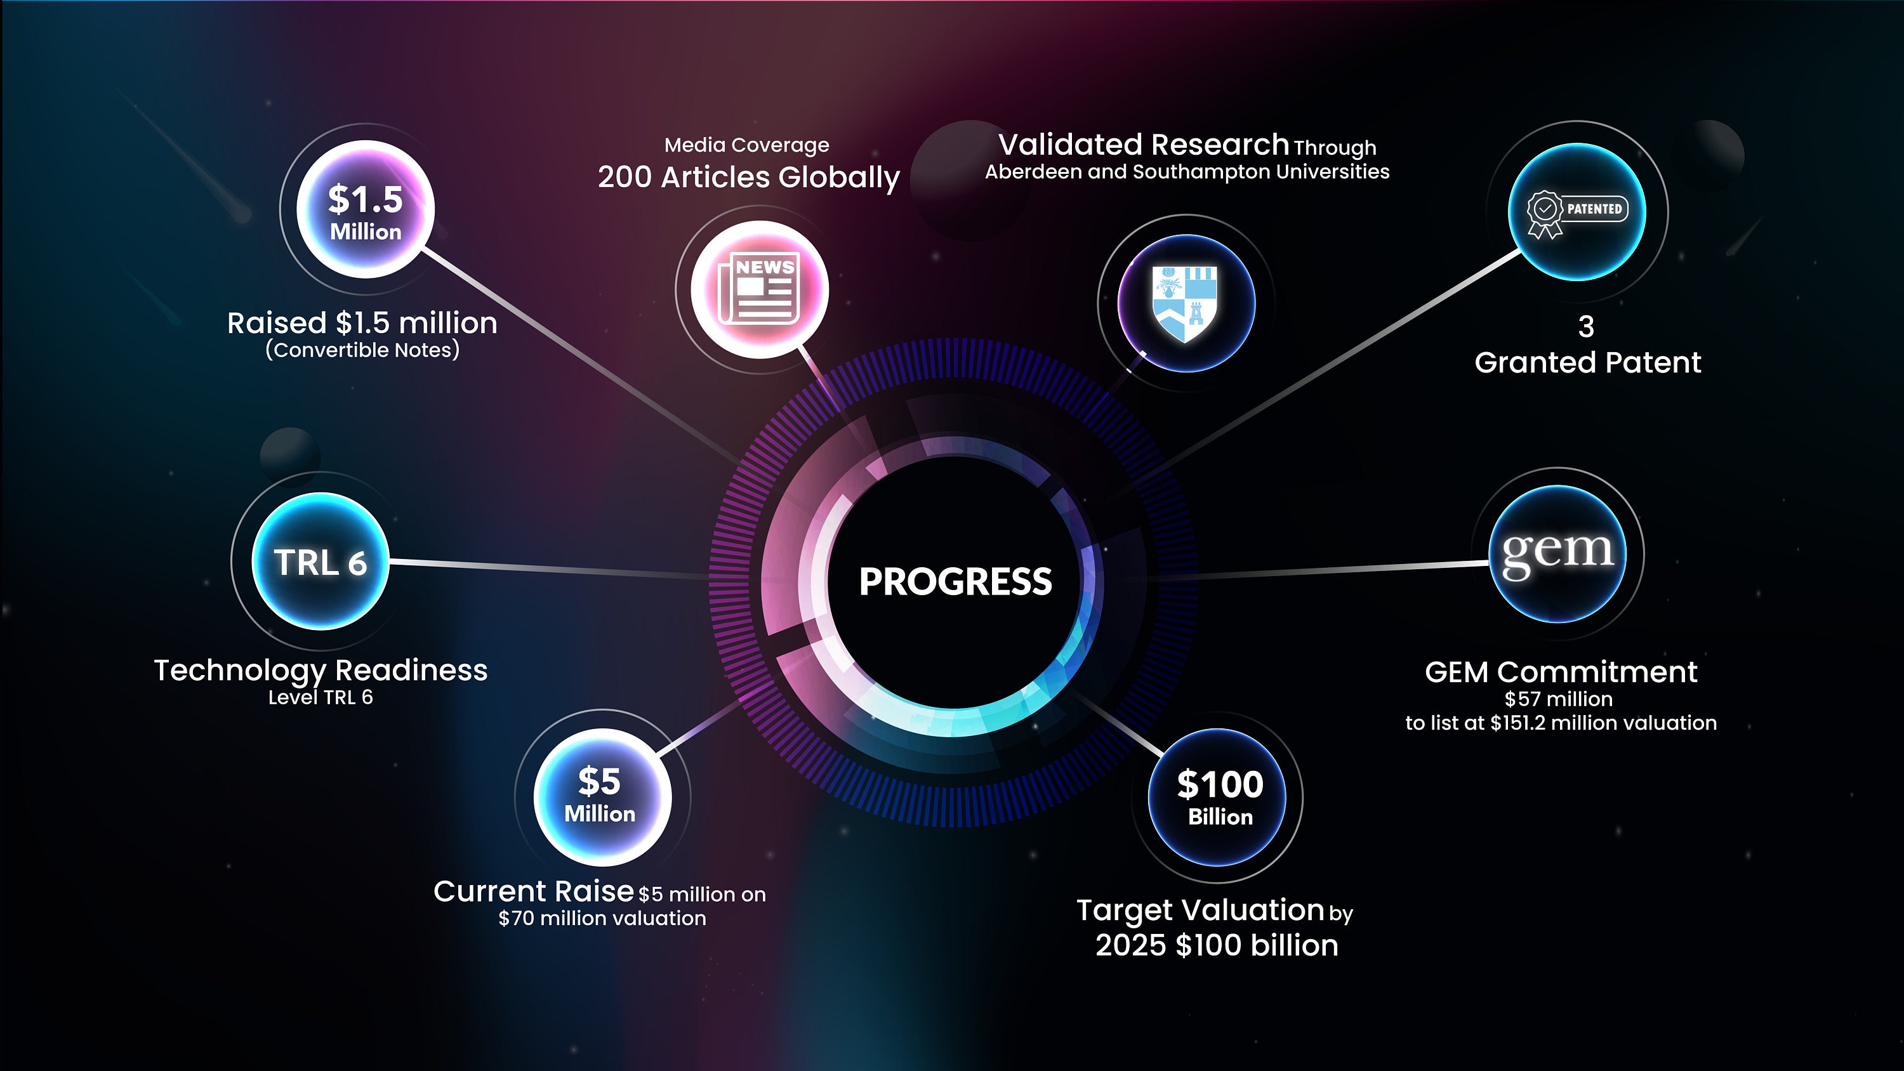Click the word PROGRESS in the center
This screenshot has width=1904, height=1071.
[x=955, y=582]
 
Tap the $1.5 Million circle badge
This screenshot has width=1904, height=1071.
[x=365, y=209]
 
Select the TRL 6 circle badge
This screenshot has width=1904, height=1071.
[x=320, y=562]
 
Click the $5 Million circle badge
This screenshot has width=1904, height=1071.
[x=602, y=797]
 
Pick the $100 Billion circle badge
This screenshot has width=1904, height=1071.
[x=1217, y=797]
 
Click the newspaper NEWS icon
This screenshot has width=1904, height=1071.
[x=758, y=288]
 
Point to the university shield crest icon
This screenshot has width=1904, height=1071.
[x=1185, y=304]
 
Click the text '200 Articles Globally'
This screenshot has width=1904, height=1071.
[x=749, y=178]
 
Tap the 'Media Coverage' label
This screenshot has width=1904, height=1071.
[x=746, y=145]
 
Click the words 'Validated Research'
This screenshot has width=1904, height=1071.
[x=1144, y=145]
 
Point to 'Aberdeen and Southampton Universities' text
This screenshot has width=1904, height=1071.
[x=1187, y=171]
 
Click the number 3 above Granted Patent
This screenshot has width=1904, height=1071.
[x=1586, y=327]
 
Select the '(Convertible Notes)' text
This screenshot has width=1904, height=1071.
[x=362, y=350]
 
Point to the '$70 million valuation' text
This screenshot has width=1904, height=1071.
[x=602, y=919]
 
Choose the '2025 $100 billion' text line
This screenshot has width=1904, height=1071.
[x=1217, y=945]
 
